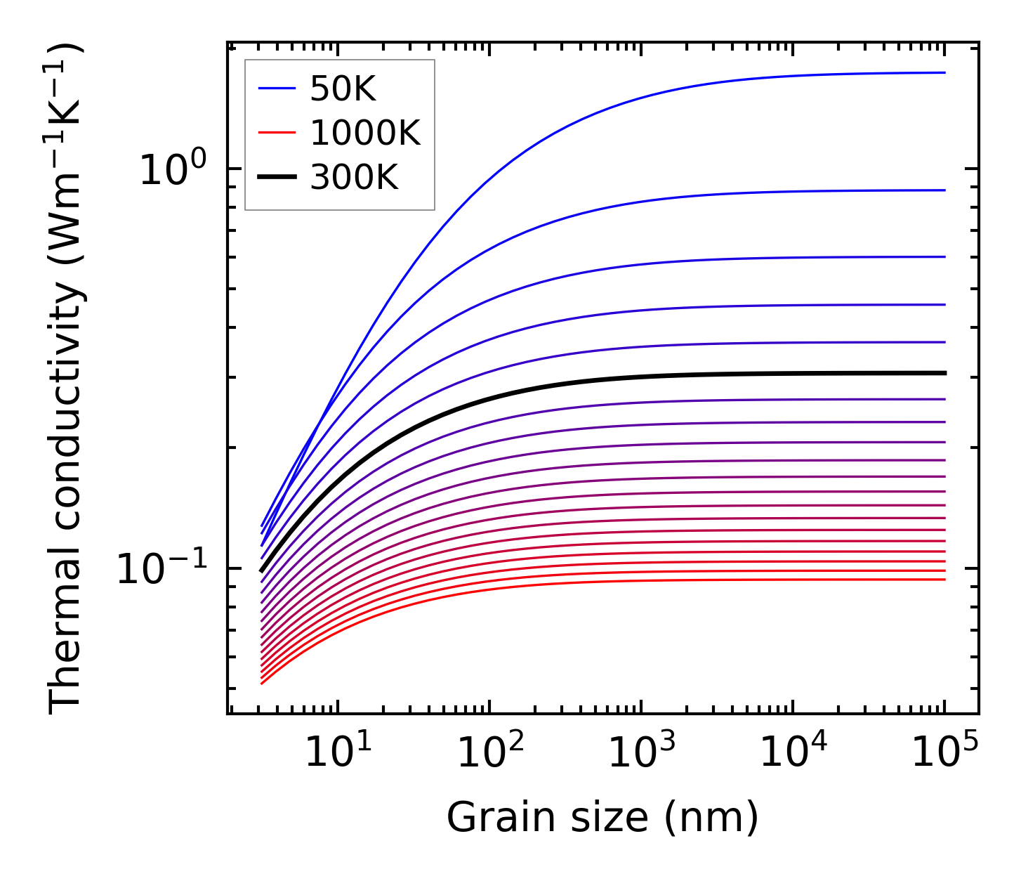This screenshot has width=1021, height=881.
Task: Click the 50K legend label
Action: click(x=343, y=89)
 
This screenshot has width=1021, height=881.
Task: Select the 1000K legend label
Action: click(x=364, y=133)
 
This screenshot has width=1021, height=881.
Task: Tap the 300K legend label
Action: click(x=354, y=178)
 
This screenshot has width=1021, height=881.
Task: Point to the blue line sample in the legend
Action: click(x=278, y=89)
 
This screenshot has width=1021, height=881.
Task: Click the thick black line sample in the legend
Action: click(x=278, y=178)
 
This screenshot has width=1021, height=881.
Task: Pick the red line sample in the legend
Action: click(x=278, y=133)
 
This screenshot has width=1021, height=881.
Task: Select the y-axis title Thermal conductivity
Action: click(x=67, y=379)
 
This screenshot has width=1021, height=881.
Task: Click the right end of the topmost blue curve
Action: click(x=944, y=72)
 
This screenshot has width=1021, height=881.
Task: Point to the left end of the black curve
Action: click(x=262, y=570)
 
